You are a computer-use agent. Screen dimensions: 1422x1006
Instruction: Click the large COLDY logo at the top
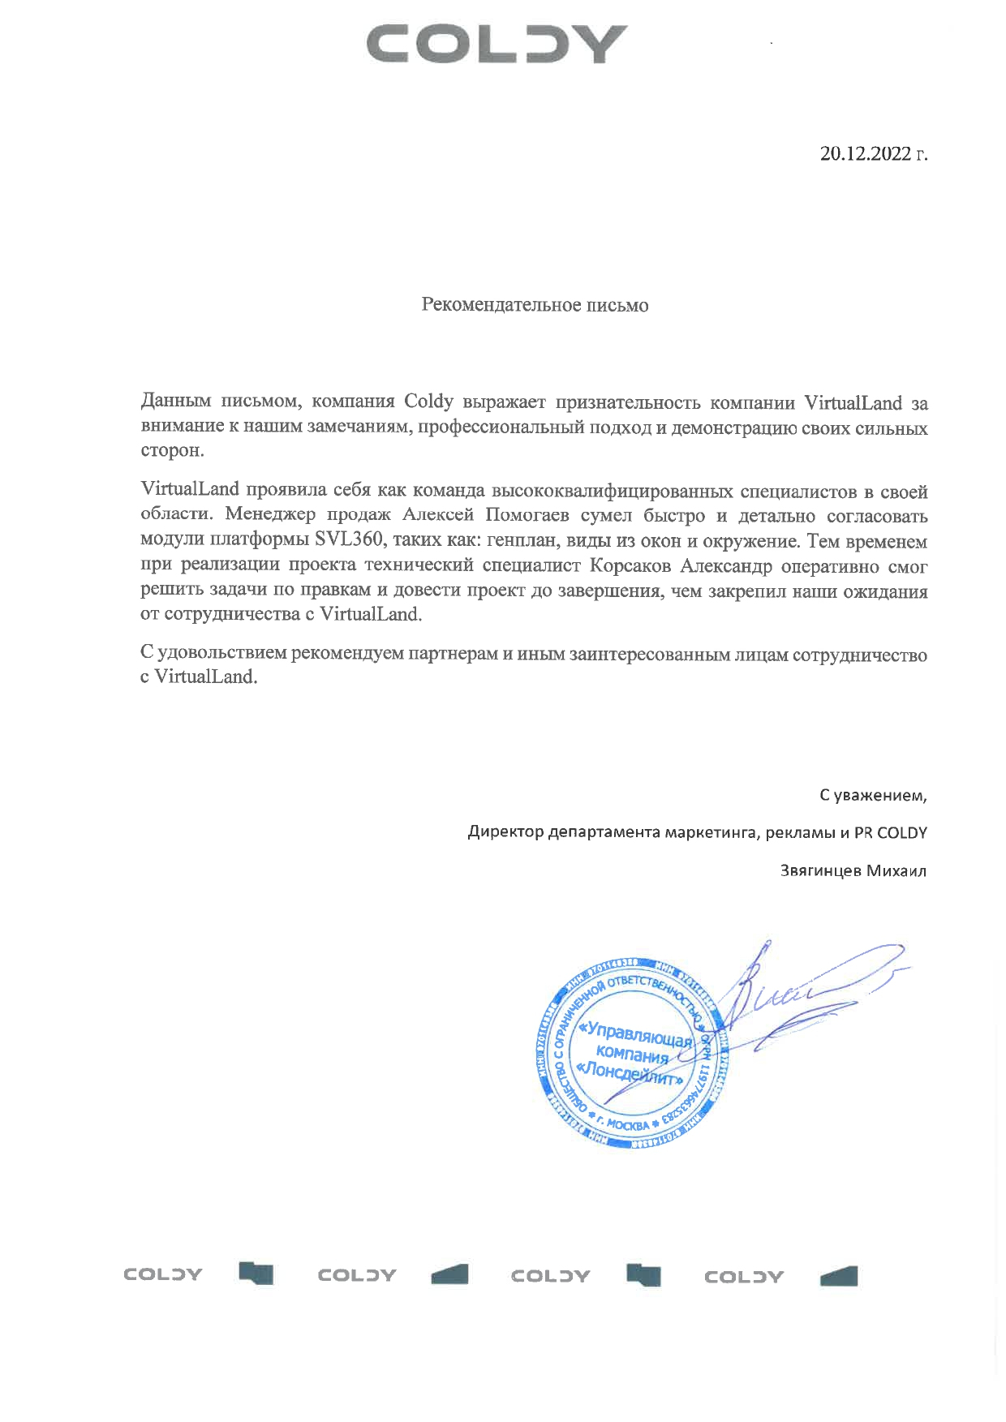497,45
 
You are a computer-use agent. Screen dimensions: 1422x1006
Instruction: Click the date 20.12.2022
866,153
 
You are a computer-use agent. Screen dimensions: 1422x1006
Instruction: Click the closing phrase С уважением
872,796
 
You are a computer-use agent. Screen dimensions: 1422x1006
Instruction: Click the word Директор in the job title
505,833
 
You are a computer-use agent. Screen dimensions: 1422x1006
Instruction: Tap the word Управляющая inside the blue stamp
638,1034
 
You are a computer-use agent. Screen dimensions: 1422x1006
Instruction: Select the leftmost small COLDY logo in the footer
163,1274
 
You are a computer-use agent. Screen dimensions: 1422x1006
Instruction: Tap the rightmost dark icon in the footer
838,1276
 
